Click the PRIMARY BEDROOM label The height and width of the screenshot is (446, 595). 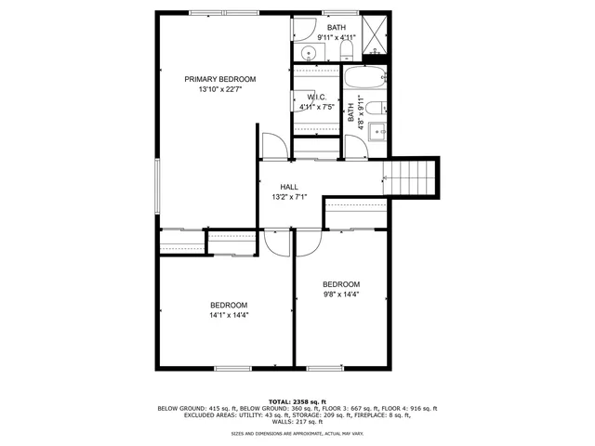(219, 79)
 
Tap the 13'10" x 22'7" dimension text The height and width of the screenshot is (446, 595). (219, 90)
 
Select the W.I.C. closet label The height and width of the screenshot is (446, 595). (316, 97)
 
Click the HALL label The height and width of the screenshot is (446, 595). (289, 187)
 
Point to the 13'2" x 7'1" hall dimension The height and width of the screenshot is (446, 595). (289, 197)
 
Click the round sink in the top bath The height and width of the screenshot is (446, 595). (307, 52)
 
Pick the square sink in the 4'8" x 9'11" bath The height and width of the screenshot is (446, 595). (377, 131)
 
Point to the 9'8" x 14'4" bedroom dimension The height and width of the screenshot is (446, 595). (341, 295)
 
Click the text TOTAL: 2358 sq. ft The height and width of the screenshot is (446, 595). (297, 401)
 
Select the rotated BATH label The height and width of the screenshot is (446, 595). (351, 113)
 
